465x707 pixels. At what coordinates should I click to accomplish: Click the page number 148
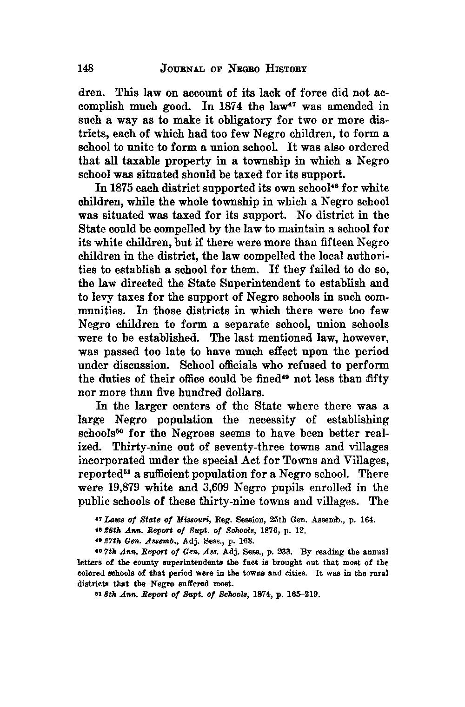pyautogui.click(x=86, y=68)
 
